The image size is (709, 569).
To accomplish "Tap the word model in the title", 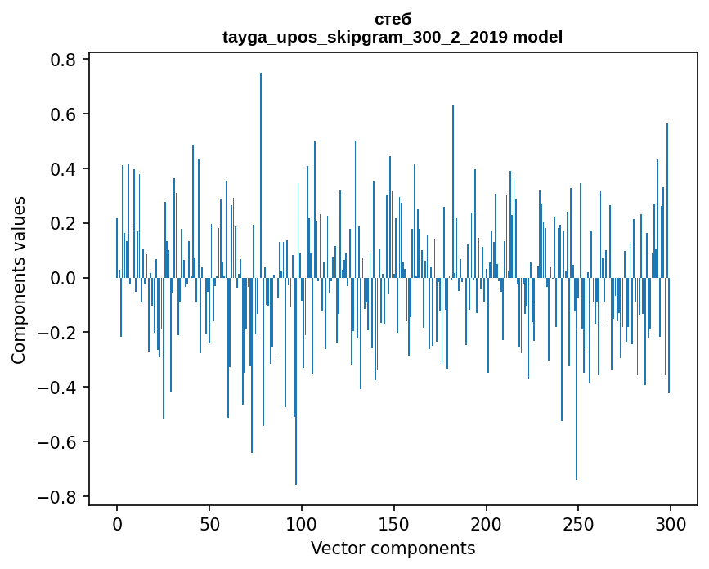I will click(538, 37).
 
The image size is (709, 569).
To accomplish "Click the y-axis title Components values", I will click(19, 279).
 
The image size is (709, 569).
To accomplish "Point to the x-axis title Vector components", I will click(393, 548).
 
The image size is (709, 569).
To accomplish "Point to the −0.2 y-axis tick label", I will click(57, 333).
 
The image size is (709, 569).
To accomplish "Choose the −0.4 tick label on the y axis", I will click(57, 388).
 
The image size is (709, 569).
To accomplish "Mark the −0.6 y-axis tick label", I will click(57, 442).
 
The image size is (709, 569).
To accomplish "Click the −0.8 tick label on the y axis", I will click(57, 497).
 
